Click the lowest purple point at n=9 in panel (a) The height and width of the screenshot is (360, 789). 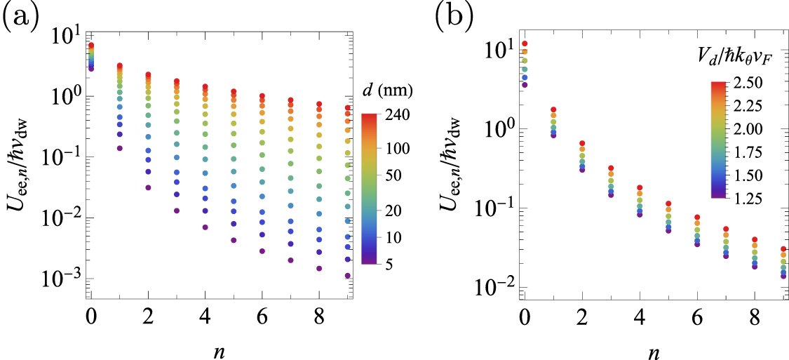click(347, 276)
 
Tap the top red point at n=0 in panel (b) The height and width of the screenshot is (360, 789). click(524, 44)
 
